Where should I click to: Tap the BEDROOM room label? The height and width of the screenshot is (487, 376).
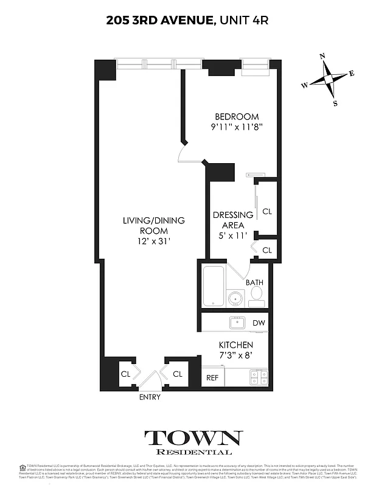click(x=237, y=117)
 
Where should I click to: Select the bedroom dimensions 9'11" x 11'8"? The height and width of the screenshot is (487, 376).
click(x=237, y=128)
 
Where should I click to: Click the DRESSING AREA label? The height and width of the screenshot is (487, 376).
click(x=232, y=220)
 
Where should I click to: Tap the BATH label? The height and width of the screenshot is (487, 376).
click(x=254, y=282)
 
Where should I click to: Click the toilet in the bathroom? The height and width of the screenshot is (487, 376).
click(x=256, y=296)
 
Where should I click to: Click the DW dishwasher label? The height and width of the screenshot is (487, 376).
click(x=258, y=323)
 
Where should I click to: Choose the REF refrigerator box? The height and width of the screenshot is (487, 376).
click(x=212, y=377)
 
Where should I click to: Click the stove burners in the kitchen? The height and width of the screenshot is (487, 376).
click(x=258, y=377)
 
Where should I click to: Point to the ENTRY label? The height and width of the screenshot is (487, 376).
click(x=150, y=398)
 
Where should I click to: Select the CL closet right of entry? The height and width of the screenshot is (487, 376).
click(x=178, y=374)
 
